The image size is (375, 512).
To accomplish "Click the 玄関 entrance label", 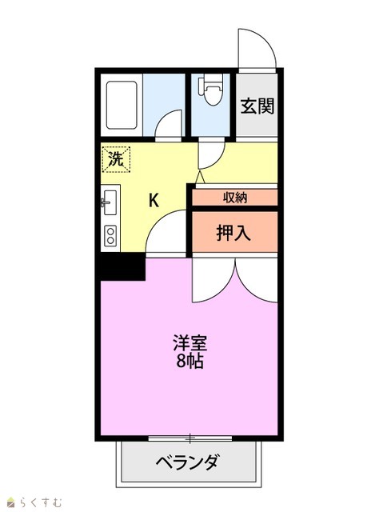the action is coord(257,106).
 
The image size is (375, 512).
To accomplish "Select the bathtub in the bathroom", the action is coord(121,105).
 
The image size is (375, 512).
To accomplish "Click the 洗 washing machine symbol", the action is coord(116,159).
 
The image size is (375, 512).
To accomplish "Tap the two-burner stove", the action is coord(110,235).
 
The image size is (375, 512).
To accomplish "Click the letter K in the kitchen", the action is coord(154,200).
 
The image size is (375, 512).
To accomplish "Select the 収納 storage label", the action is coord(235,198).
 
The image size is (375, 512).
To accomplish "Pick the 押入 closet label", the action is coord(233,233).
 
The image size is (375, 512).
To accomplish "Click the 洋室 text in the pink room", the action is coord(190,343).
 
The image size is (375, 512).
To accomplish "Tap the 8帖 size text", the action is coord(190,361).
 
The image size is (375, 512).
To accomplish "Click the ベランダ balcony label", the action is coord(187,462).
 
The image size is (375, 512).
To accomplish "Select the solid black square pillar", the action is coord(122,266).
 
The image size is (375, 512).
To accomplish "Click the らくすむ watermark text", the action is coord(39,502).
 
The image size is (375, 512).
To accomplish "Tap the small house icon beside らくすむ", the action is coord(11,502).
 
